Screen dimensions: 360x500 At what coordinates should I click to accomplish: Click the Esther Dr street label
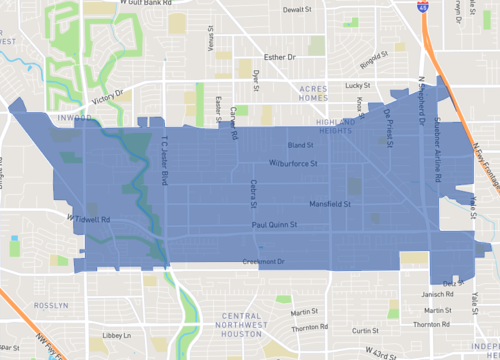[277, 57]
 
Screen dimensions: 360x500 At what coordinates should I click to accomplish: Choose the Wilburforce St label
[293, 163]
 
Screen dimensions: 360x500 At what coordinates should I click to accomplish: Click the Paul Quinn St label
[274, 225]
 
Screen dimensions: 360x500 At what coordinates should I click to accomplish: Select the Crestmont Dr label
[264, 262]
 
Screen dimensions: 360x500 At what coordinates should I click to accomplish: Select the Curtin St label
[365, 330]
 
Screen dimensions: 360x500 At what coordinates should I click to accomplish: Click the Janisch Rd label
[436, 295]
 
